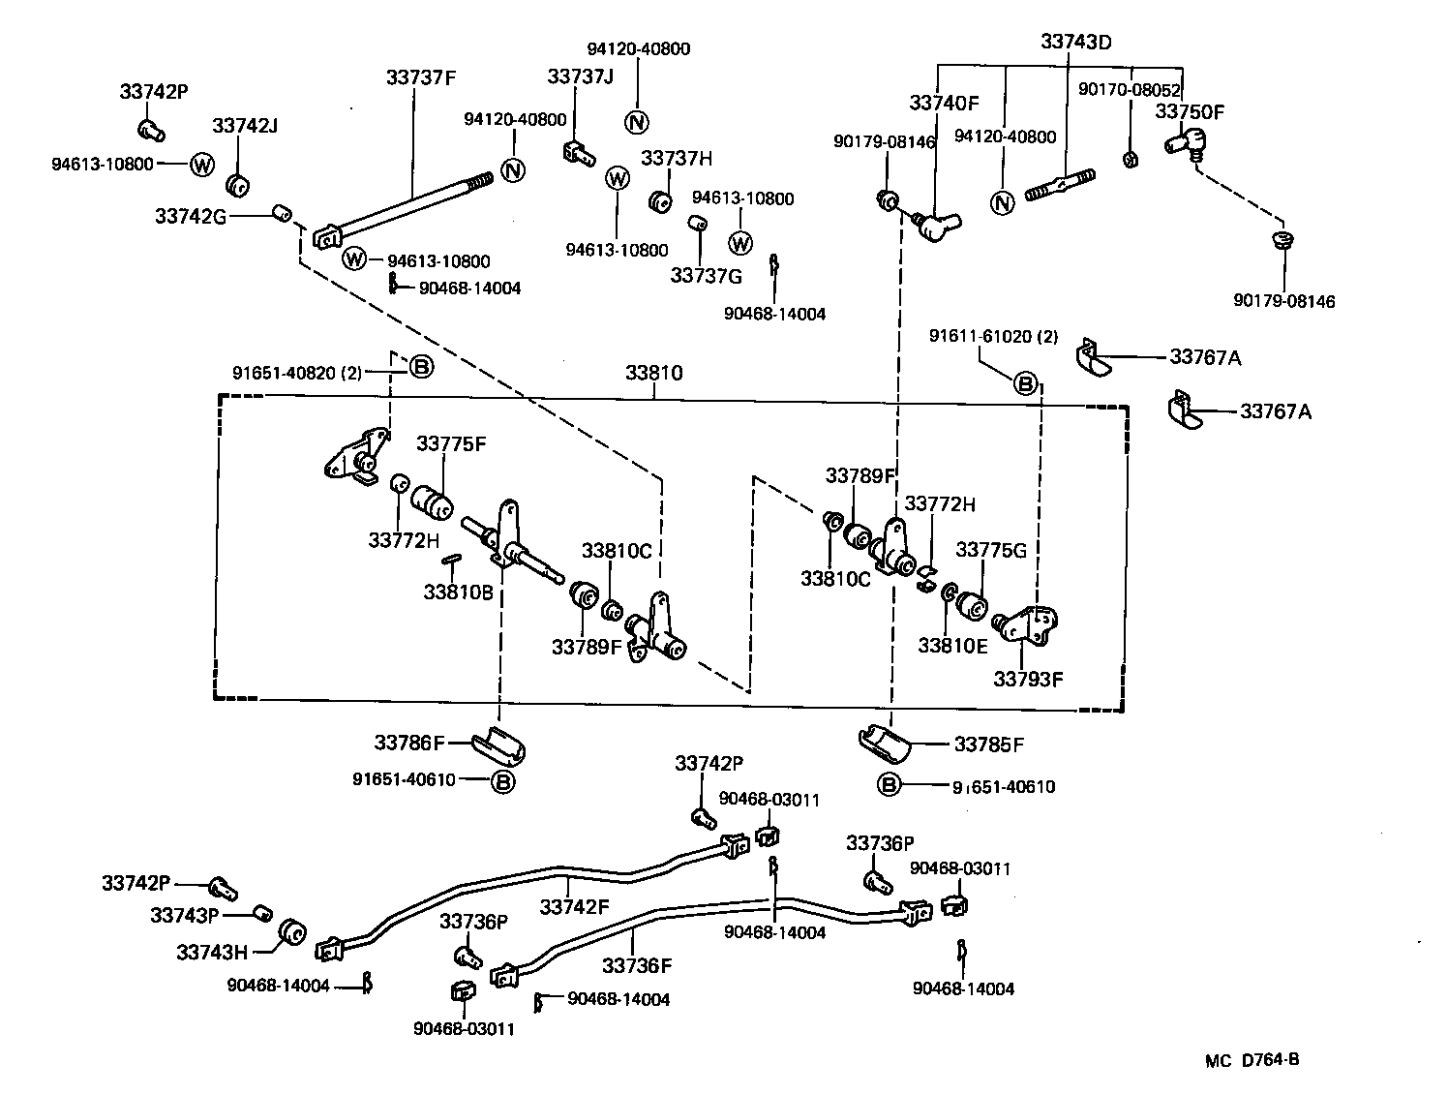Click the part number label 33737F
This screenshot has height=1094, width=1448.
click(419, 77)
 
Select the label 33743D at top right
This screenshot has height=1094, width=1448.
click(1075, 42)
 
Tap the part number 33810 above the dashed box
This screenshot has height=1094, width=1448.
click(653, 373)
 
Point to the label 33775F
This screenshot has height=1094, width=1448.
click(451, 443)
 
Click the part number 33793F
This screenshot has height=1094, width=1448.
click(1027, 679)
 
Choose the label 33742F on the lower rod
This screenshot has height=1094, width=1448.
click(574, 907)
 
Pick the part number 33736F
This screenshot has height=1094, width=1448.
click(636, 965)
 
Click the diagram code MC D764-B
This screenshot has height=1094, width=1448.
click(1252, 1059)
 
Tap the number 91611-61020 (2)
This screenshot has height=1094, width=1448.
click(993, 336)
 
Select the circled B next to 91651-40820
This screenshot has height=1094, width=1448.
click(420, 367)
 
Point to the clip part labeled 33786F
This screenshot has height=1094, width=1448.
click(498, 745)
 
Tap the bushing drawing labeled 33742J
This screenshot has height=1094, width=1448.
click(238, 185)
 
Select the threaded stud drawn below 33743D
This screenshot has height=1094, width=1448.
click(1062, 183)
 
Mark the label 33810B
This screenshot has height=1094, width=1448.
click(458, 592)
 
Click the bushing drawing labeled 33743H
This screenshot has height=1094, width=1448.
click(291, 934)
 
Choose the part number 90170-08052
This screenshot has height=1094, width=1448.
click(1130, 89)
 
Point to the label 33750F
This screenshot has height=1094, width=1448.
click(1189, 111)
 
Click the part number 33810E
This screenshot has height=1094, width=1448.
click(953, 646)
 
